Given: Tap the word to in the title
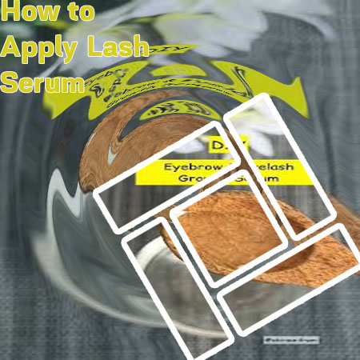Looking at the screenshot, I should point(78,14).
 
